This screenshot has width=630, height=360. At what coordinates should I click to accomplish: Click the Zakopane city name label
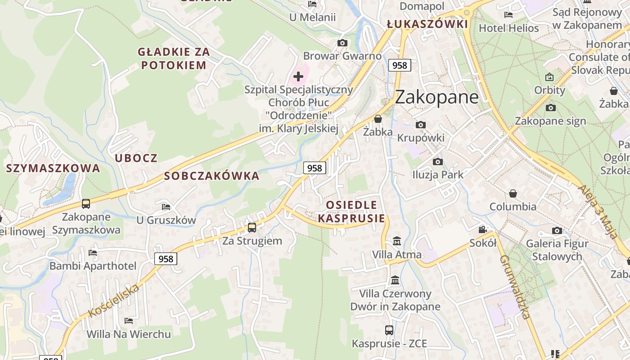pyautogui.click(x=436, y=97)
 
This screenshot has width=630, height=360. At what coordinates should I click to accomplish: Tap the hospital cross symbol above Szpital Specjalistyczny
pyautogui.click(x=298, y=76)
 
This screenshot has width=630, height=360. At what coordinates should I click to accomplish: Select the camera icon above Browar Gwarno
pyautogui.click(x=342, y=43)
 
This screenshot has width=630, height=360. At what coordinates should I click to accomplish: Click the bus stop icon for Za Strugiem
pyautogui.click(x=252, y=227)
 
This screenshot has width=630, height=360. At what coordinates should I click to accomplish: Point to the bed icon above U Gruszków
pyautogui.click(x=166, y=207)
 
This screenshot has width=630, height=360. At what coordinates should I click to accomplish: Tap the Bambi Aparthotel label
pyautogui.click(x=93, y=266)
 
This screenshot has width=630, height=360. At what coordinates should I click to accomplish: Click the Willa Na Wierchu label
pyautogui.click(x=129, y=334)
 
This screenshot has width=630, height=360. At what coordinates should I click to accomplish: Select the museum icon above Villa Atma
pyautogui.click(x=396, y=241)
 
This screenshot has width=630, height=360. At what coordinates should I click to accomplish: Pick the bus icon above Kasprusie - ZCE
pyautogui.click(x=389, y=330)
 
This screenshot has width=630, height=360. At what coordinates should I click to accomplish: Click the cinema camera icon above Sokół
pyautogui.click(x=482, y=230)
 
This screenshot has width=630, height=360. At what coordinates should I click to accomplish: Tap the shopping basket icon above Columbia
pyautogui.click(x=513, y=193)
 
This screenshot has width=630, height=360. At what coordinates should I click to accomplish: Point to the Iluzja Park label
pyautogui.click(x=437, y=175)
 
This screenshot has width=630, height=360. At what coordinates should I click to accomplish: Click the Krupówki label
pyautogui.click(x=420, y=138)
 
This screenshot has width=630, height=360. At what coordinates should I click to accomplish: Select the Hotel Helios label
pyautogui.click(x=508, y=28)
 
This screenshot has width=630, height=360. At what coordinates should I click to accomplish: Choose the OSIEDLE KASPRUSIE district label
pyautogui.click(x=351, y=212)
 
